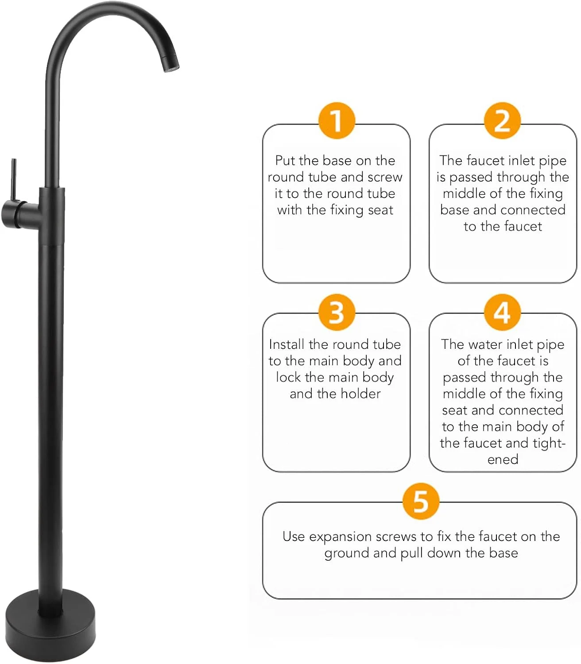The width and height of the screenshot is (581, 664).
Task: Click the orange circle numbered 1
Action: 336,120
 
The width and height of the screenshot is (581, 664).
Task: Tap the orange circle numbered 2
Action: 502,120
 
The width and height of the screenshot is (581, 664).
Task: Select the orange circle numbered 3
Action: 336,312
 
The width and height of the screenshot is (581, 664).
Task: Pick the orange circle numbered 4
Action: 502,312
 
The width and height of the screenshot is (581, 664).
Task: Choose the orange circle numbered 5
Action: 421,501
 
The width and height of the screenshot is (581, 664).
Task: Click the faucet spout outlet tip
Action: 171,67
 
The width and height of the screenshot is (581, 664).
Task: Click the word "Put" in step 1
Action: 285,161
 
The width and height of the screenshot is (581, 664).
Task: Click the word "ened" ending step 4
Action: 503,459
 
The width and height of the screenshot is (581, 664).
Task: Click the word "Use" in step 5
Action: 294,537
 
